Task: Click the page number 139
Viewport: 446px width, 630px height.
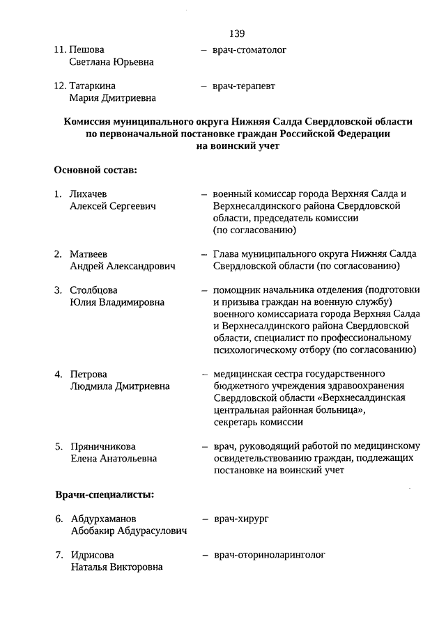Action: click(x=236, y=33)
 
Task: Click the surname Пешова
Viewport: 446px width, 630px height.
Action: click(x=86, y=50)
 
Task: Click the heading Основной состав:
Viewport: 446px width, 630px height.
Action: click(x=95, y=169)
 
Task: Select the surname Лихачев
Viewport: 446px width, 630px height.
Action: click(x=89, y=194)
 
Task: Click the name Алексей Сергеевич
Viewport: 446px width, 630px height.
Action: click(x=112, y=206)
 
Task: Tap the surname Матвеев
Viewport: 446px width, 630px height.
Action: click(x=89, y=254)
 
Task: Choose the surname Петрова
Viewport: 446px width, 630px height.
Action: click(x=89, y=374)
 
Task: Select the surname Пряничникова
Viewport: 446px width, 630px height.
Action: click(x=103, y=446)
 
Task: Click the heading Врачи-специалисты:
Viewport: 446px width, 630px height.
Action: click(x=105, y=494)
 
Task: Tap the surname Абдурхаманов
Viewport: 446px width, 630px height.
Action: click(x=104, y=519)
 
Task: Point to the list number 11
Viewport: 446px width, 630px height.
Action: click(x=59, y=50)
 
